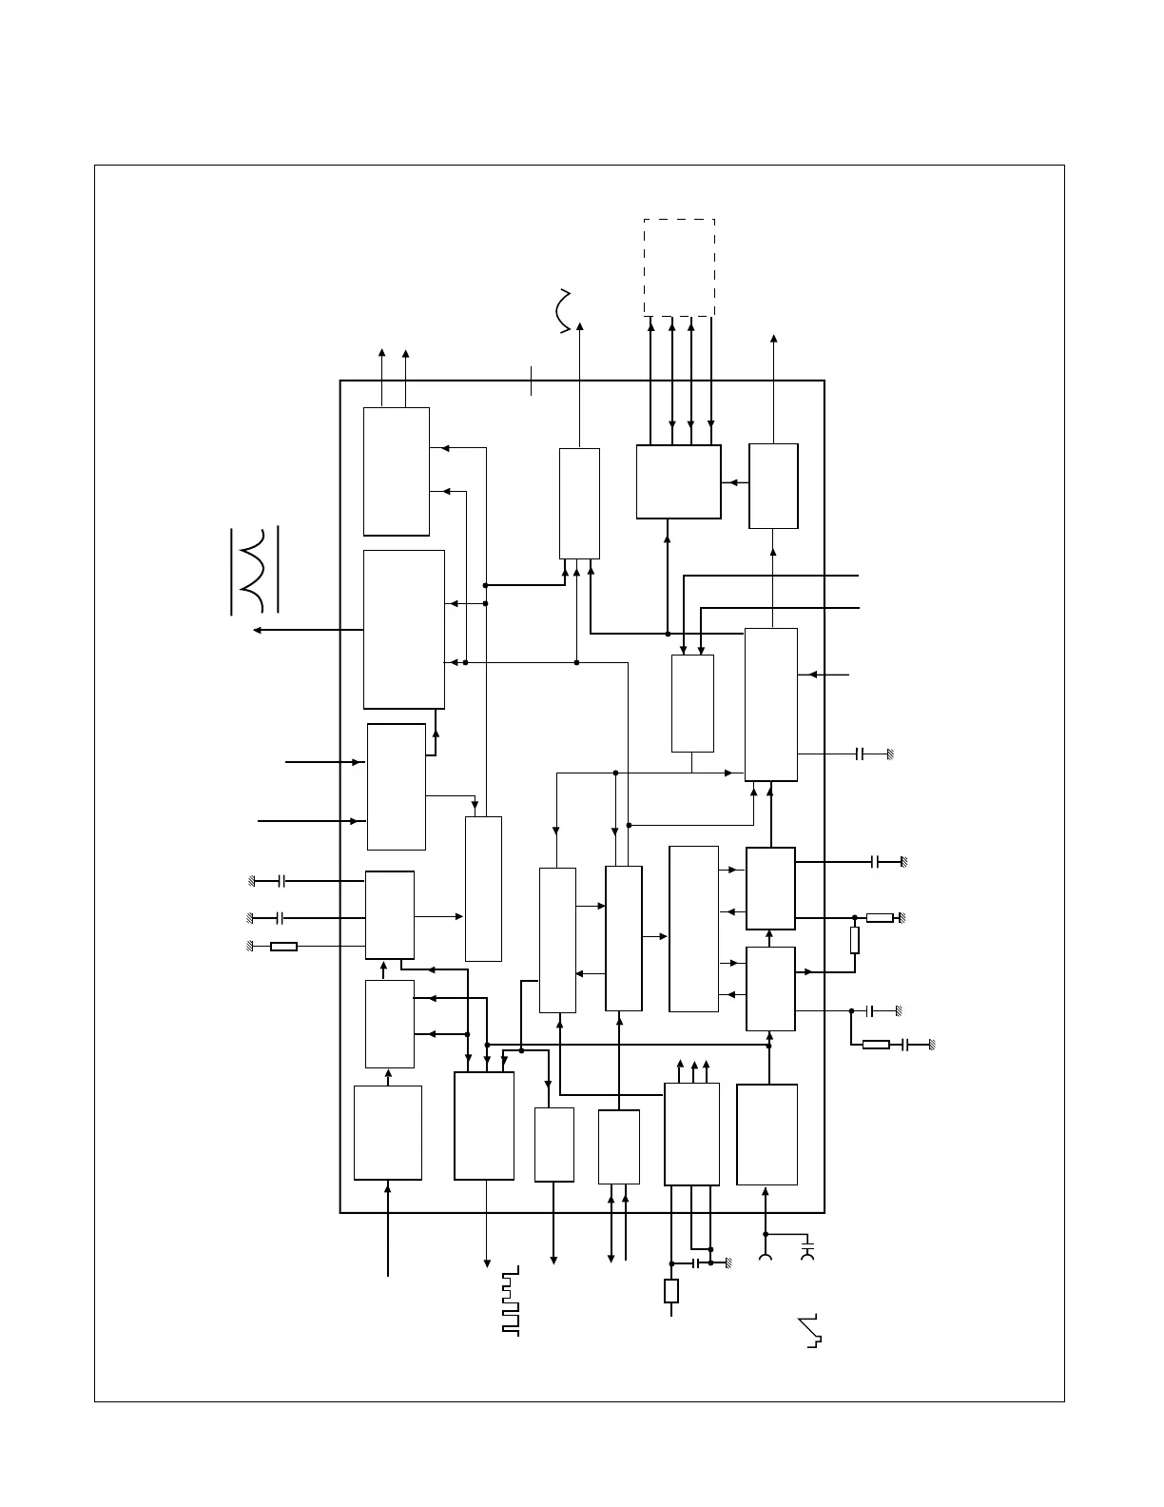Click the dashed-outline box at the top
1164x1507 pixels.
(x=679, y=266)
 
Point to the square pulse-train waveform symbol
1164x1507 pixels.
(x=511, y=1301)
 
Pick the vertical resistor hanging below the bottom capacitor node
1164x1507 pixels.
(x=671, y=1291)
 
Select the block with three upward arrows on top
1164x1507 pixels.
(x=691, y=1134)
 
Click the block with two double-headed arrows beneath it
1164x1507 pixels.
(x=618, y=1146)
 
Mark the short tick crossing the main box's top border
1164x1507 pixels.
(x=531, y=381)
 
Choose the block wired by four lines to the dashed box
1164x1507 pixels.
(x=678, y=481)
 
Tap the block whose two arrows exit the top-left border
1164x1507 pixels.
(x=396, y=472)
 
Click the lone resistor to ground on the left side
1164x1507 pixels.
(x=283, y=947)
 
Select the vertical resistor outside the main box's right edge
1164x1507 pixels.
(x=854, y=941)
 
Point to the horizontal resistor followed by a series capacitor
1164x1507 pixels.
(x=876, y=1045)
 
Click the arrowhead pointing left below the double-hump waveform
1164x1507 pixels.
(x=257, y=630)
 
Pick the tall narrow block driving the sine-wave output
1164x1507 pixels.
(x=579, y=503)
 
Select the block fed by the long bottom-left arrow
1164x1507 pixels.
(x=388, y=1132)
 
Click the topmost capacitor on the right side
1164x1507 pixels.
(x=860, y=753)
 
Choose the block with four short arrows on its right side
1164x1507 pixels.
(x=693, y=929)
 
